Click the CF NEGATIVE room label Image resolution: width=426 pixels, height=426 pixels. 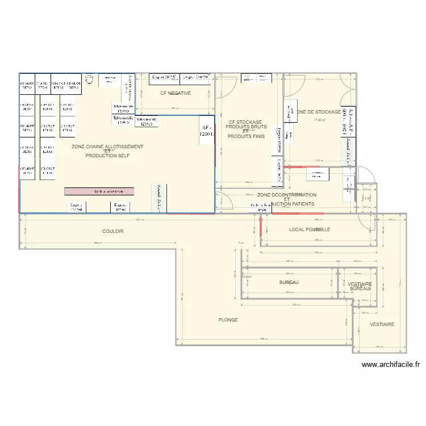(x=176, y=93)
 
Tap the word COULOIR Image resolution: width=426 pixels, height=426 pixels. (x=113, y=231)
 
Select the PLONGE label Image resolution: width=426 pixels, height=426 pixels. (x=228, y=320)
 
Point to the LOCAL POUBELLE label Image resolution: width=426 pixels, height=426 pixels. (x=310, y=229)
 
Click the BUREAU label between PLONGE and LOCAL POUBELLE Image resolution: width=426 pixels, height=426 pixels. (x=289, y=282)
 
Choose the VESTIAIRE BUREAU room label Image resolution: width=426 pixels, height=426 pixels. (x=359, y=286)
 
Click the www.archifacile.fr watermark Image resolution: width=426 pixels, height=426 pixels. (x=390, y=365)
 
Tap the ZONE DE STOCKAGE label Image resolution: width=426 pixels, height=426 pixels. (x=318, y=112)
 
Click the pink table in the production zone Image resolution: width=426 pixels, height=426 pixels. (x=99, y=191)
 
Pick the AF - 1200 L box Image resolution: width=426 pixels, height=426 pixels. (x=206, y=132)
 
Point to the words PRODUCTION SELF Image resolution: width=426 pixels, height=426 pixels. (x=107, y=155)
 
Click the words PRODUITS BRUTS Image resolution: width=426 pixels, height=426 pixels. (x=246, y=127)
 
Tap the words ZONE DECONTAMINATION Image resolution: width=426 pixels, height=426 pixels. (x=286, y=195)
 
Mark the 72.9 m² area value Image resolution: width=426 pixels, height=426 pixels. (x=246, y=277)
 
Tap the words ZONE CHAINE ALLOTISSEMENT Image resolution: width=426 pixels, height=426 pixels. (x=107, y=147)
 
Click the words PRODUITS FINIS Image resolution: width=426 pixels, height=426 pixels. (x=247, y=136)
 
